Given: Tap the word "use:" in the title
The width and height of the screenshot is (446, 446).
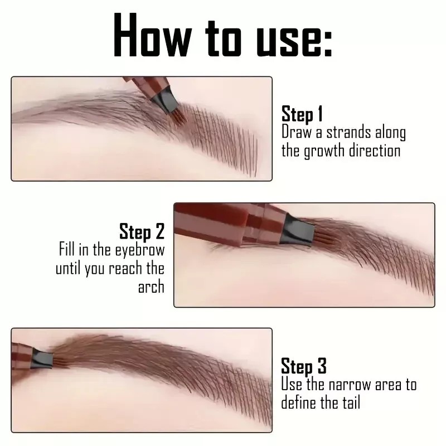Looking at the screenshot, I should tap(294, 36).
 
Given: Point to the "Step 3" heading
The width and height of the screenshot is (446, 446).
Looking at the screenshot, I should tap(303, 366).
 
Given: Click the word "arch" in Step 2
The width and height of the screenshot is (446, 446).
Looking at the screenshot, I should tap(151, 287).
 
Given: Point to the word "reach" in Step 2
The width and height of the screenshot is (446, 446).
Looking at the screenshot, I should tap(124, 268).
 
